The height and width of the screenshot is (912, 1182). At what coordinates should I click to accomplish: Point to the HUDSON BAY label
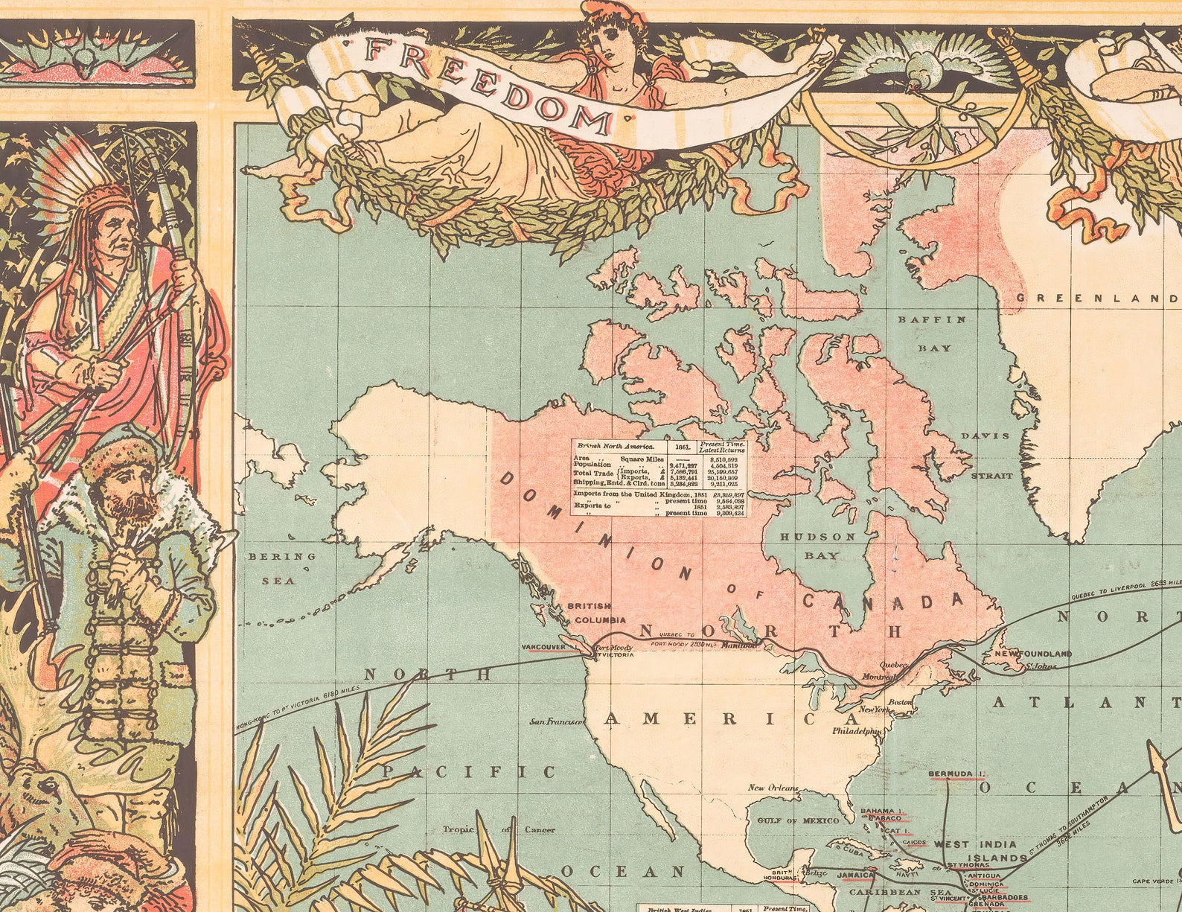pyautogui.click(x=819, y=546)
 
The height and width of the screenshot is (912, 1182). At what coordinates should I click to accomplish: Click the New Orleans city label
pyautogui.click(x=773, y=788)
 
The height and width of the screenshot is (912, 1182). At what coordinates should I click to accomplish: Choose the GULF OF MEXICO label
pyautogui.click(x=798, y=820)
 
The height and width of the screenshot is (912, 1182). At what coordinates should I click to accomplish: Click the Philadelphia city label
pyautogui.click(x=857, y=731)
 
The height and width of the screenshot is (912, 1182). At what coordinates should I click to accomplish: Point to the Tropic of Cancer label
pyautogui.click(x=498, y=829)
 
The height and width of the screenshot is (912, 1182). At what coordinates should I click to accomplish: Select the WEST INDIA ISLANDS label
pyautogui.click(x=976, y=851)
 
